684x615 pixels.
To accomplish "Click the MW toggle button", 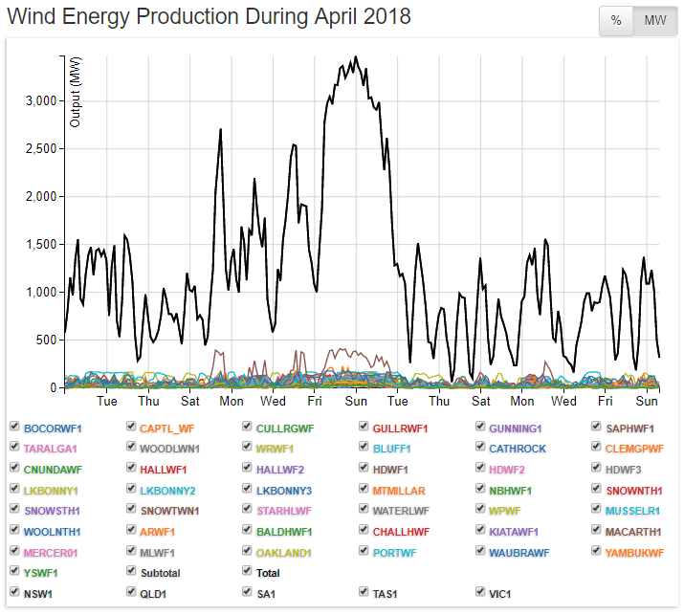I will (x=655, y=21).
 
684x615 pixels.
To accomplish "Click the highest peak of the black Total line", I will (x=356, y=57).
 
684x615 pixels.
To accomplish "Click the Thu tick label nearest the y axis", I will (x=148, y=402).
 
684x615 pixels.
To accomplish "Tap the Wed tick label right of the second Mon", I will (x=563, y=402).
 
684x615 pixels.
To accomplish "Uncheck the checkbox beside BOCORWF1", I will (x=14, y=427).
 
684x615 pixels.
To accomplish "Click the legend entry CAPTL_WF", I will (x=166, y=428).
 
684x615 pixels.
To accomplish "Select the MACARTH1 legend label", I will (x=632, y=531).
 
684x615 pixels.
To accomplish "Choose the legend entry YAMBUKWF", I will (x=634, y=552).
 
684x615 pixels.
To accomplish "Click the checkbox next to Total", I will (x=248, y=571).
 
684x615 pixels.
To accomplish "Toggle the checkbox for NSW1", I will (x=14, y=592).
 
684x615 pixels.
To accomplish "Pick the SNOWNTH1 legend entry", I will (x=633, y=490).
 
